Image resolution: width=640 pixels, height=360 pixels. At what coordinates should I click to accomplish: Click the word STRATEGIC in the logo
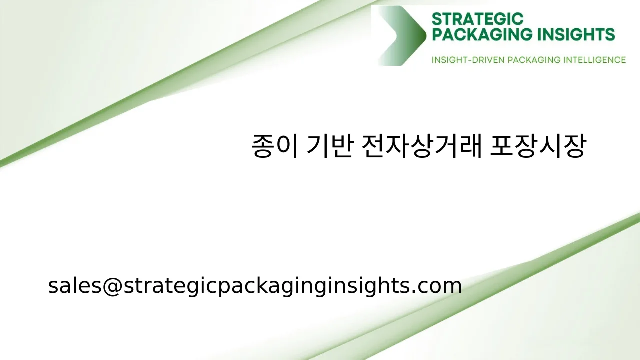[477, 19]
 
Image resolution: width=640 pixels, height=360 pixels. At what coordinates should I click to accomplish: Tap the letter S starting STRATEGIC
[436, 19]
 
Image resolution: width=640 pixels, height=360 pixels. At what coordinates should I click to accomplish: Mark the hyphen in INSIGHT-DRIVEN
[468, 60]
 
